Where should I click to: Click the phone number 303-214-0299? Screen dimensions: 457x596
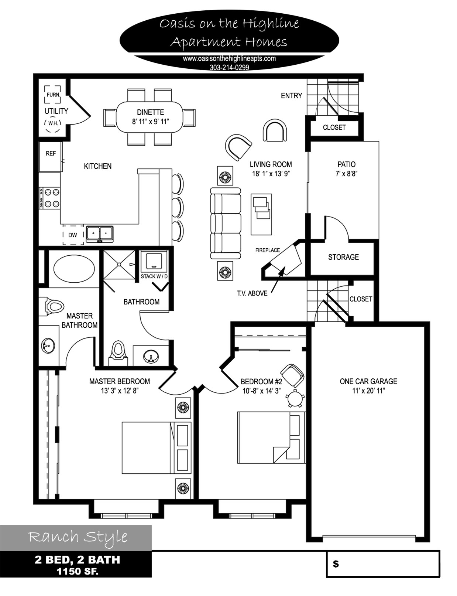click(x=229, y=68)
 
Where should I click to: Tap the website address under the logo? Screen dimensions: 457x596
click(x=229, y=59)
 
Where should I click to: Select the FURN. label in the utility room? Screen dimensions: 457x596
click(x=53, y=95)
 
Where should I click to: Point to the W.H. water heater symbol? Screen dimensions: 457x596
click(x=53, y=124)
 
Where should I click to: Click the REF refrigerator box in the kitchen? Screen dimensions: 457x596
click(x=51, y=157)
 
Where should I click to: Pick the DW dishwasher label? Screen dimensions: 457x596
click(x=73, y=235)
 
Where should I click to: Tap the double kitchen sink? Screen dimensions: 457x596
click(x=99, y=234)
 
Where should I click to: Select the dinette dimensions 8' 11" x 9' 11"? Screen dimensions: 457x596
click(x=150, y=122)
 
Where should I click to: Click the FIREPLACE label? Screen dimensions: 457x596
click(x=267, y=250)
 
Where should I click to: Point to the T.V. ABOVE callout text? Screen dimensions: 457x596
click(x=252, y=293)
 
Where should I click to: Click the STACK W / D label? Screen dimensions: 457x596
click(x=154, y=276)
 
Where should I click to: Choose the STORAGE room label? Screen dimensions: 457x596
click(x=343, y=257)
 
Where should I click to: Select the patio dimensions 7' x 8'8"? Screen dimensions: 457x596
click(x=347, y=174)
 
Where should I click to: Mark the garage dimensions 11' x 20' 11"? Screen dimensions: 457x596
click(x=368, y=391)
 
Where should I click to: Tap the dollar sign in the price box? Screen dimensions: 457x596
click(x=336, y=564)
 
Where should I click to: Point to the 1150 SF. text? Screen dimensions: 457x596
click(x=78, y=571)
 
